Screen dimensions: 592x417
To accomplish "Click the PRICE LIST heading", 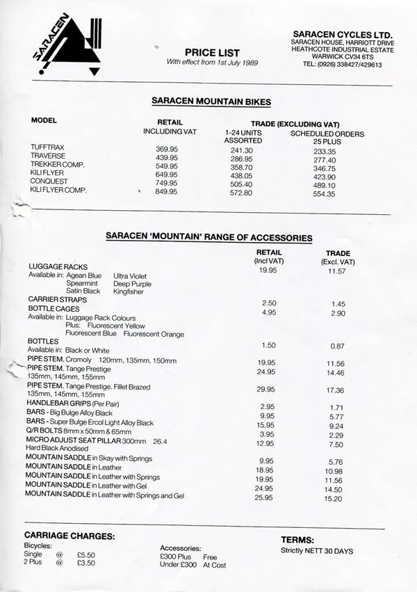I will [x=212, y=52].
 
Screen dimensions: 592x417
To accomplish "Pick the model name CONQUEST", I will [x=49, y=181].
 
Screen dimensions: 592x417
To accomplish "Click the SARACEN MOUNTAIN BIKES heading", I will [x=211, y=102].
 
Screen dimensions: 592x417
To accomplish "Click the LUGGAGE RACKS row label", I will [x=58, y=266].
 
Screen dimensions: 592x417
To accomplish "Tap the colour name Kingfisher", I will [x=129, y=291].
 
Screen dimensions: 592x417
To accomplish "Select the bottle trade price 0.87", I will [x=338, y=346].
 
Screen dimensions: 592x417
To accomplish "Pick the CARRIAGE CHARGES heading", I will [x=69, y=536].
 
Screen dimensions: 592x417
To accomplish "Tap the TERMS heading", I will [x=298, y=539].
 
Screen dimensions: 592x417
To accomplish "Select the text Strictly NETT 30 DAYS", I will [x=316, y=551].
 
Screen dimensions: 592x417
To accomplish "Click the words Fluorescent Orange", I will [x=154, y=335].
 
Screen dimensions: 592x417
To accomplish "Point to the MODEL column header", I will [x=44, y=120].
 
